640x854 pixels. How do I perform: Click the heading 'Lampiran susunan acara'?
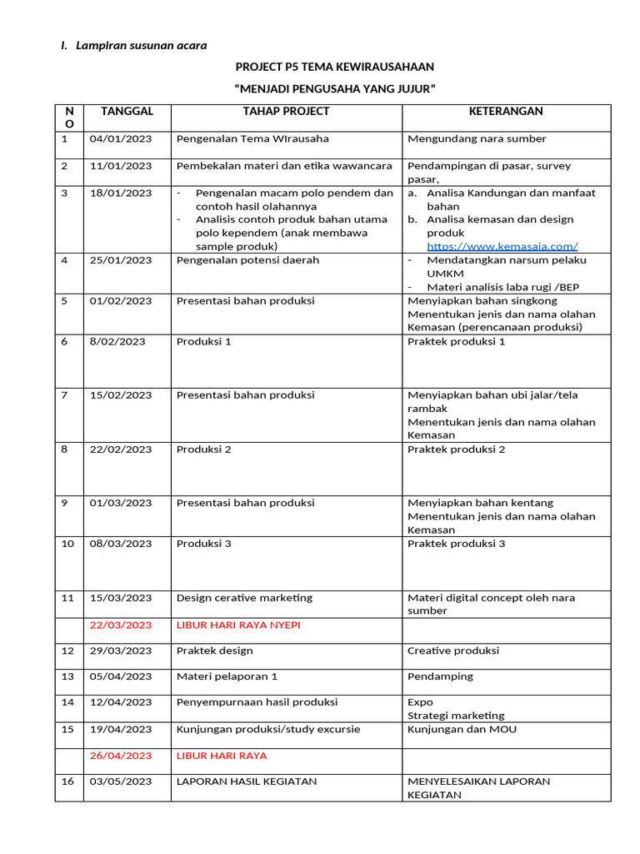click(x=142, y=44)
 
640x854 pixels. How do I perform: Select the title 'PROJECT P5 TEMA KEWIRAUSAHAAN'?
click(x=334, y=67)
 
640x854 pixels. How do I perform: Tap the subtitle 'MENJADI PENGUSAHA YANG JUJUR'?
click(x=335, y=89)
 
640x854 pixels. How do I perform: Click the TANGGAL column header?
click(x=127, y=111)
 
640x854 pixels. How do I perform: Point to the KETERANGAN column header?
click(x=505, y=111)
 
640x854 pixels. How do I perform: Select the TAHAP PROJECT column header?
click(x=286, y=111)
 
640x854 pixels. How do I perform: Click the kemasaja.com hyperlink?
click(x=502, y=246)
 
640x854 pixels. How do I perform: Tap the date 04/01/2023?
click(x=121, y=138)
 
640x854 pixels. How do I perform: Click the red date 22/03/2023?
click(x=121, y=625)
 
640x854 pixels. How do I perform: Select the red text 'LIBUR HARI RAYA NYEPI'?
click(x=238, y=625)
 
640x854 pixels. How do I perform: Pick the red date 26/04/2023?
click(x=121, y=756)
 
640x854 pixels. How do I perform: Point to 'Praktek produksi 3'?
click(x=456, y=544)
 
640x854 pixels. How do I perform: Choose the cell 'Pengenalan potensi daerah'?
click(x=247, y=260)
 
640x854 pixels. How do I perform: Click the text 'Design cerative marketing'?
click(x=244, y=597)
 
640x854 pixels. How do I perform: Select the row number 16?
click(x=68, y=781)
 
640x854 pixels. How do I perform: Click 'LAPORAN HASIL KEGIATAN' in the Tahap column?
click(x=247, y=781)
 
